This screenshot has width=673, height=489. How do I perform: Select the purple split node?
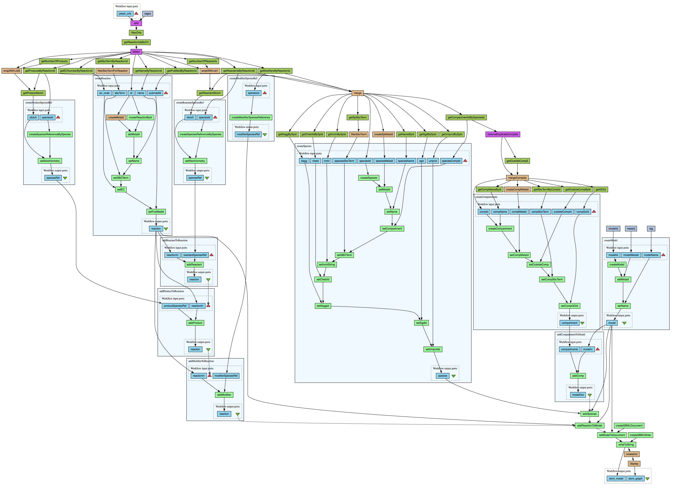pyautogui.click(x=136, y=23)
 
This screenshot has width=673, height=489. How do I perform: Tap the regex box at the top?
pyautogui.click(x=147, y=14)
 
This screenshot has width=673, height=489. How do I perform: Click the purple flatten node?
pyautogui.click(x=136, y=52)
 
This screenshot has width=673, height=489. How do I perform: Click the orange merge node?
pyautogui.click(x=358, y=93)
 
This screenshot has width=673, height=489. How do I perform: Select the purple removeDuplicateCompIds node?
pyautogui.click(x=503, y=134)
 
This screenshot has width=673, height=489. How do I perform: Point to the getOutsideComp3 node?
pyautogui.click(x=517, y=161)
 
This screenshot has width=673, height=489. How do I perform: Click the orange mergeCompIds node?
pyautogui.click(x=517, y=178)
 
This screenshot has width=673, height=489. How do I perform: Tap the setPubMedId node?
pyautogui.click(x=156, y=212)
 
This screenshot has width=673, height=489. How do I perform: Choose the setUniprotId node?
pyautogui.click(x=433, y=349)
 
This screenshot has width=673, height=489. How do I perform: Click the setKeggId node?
pyautogui.click(x=323, y=306)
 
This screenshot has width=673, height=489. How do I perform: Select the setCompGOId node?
pyautogui.click(x=570, y=306)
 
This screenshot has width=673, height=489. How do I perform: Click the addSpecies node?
pyautogui.click(x=589, y=414)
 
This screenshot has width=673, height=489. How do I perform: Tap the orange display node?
pyautogui.click(x=634, y=464)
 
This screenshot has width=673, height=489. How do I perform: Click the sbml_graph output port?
pyautogui.click(x=635, y=479)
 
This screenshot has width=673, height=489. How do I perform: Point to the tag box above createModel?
pyautogui.click(x=651, y=229)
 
